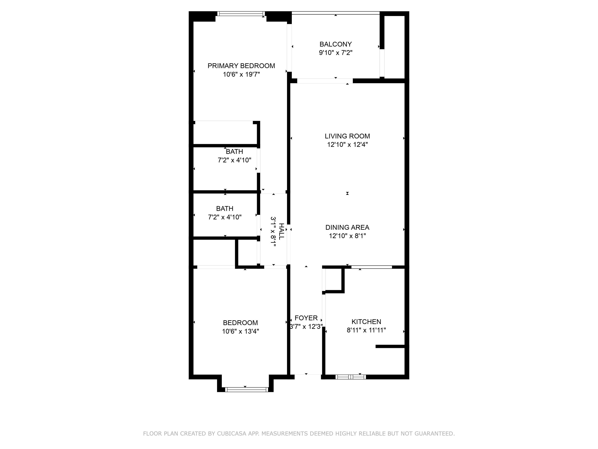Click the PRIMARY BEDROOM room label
241,66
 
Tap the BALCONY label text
335,44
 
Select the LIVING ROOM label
347,136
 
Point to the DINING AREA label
347,227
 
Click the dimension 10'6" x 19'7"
241,74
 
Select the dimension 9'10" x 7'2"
335,52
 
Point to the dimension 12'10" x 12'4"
347,144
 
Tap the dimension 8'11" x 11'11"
366,330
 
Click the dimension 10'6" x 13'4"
240,331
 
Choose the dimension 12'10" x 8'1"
347,236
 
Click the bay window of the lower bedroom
247,390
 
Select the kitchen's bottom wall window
351,377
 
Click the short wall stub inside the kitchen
390,346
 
